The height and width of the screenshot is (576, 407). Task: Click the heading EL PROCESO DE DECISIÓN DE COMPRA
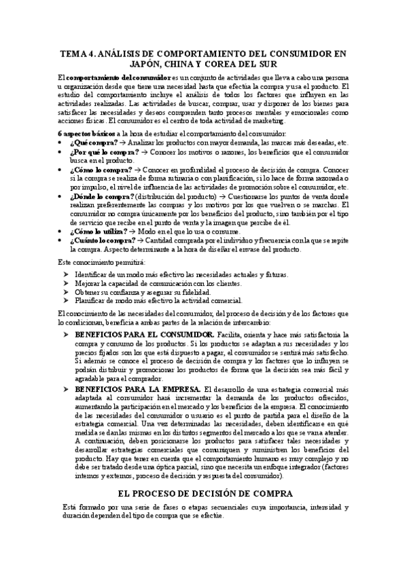(204, 494)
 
